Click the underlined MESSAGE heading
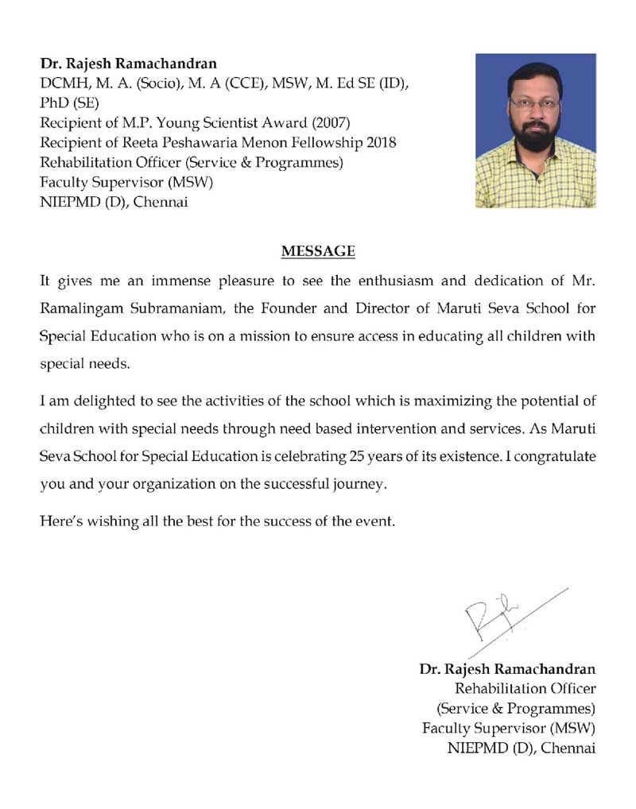tap(318, 252)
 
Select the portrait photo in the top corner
tap(535, 130)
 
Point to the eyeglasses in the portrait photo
tap(534, 103)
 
